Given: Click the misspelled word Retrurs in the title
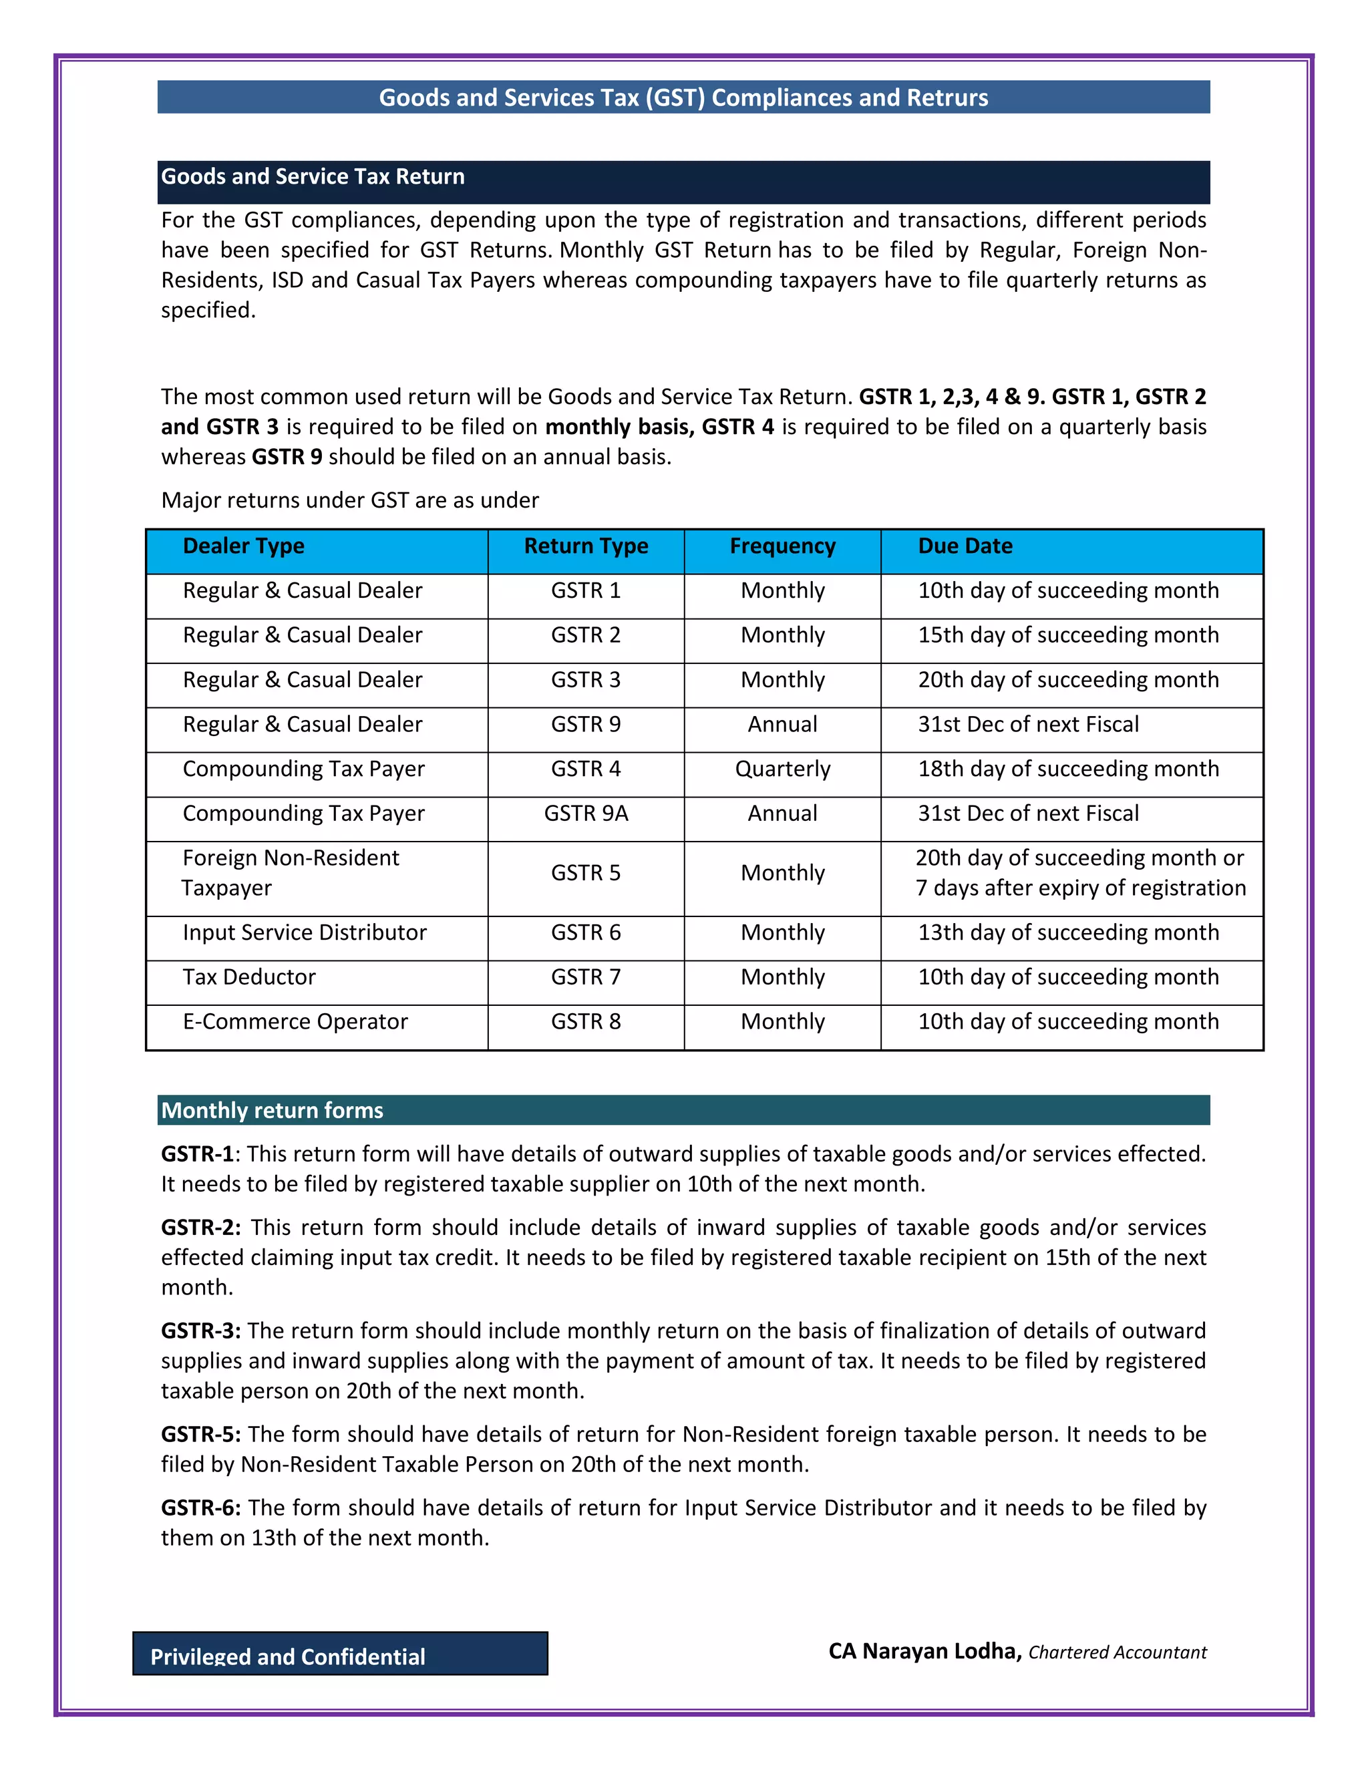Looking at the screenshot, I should [947, 98].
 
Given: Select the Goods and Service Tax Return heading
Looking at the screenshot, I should [313, 177].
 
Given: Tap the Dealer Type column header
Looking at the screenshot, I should [243, 546].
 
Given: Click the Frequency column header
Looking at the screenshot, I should [782, 546].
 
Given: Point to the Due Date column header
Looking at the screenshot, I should [965, 546].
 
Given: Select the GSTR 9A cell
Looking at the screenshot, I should [586, 814].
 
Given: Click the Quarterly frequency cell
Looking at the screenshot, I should [782, 769].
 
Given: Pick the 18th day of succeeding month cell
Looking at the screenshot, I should [1067, 769].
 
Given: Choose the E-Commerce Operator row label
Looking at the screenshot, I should [295, 1022].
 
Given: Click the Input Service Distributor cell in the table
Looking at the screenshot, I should [304, 933].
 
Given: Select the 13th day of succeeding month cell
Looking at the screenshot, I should [1067, 933].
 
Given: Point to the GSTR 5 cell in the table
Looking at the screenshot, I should [586, 873].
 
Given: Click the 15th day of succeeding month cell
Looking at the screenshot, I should [1067, 635].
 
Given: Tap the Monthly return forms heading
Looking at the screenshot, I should [273, 1110].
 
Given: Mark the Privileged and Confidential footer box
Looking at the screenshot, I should [341, 1653].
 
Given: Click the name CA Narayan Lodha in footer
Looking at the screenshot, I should [924, 1652].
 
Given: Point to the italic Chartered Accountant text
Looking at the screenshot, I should [1117, 1652].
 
